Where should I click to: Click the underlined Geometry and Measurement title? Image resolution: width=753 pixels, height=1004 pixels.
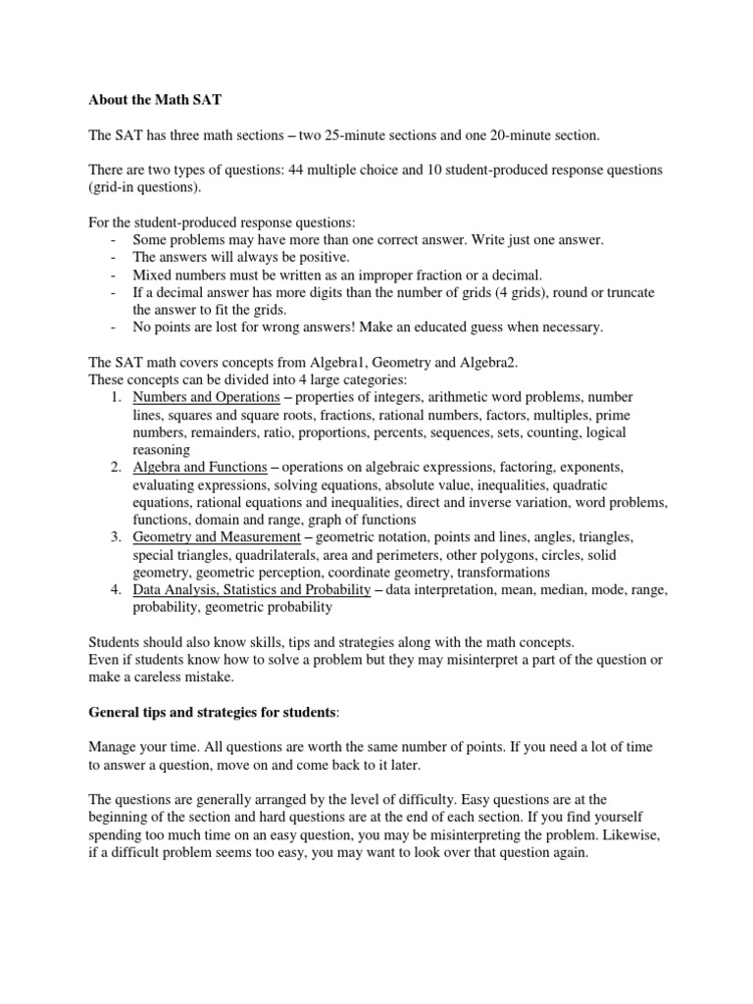[x=216, y=536]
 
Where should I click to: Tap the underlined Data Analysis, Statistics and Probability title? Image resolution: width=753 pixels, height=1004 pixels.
[x=252, y=589]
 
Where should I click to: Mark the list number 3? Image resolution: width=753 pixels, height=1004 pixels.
[x=115, y=537]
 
